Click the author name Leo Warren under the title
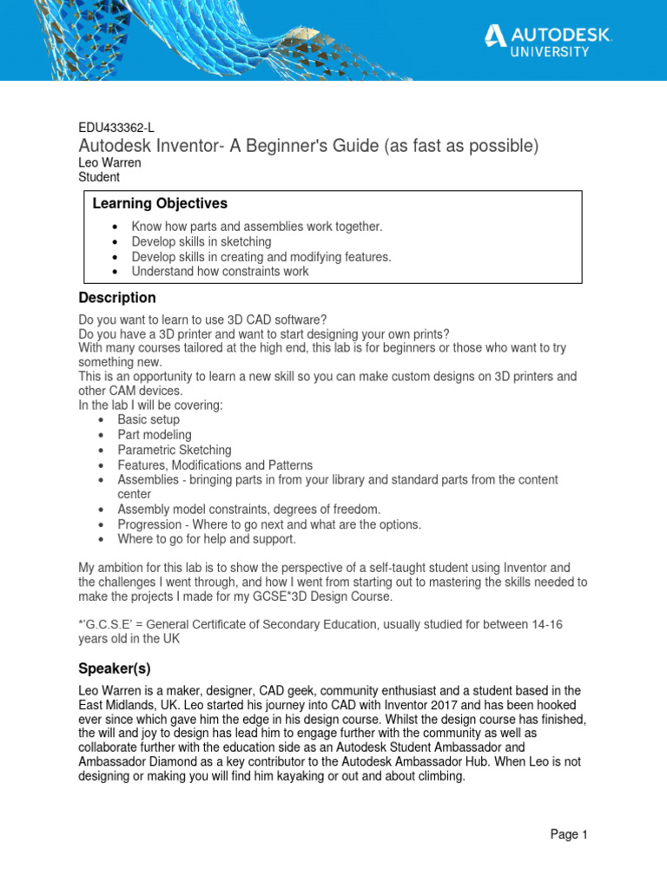click(110, 162)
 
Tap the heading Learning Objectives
click(160, 203)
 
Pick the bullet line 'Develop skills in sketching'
click(201, 241)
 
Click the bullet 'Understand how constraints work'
click(220, 271)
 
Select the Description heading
click(117, 298)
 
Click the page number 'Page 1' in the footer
click(569, 834)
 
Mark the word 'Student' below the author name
click(99, 177)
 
